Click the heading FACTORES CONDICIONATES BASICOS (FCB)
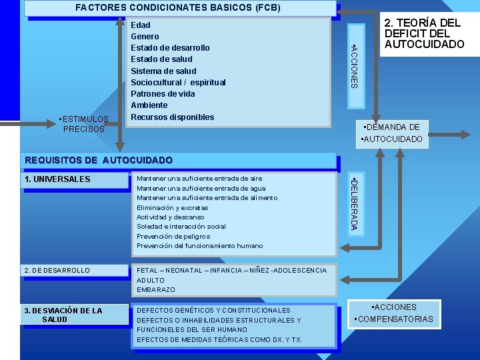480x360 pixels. click(x=178, y=8)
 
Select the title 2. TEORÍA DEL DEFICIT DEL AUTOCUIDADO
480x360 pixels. click(x=423, y=33)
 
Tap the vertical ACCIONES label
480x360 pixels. click(x=355, y=65)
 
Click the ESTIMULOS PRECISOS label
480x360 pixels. click(x=83, y=124)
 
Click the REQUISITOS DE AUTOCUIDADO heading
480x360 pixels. click(x=98, y=160)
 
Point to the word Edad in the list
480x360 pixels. click(x=141, y=25)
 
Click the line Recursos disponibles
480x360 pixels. click(x=173, y=117)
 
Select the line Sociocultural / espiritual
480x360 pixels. click(x=178, y=83)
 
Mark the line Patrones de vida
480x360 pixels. click(x=163, y=94)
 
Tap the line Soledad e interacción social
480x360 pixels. click(x=181, y=227)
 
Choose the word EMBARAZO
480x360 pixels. click(x=155, y=290)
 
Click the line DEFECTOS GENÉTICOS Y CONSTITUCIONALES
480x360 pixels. click(x=213, y=311)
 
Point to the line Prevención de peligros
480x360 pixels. click(x=173, y=236)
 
